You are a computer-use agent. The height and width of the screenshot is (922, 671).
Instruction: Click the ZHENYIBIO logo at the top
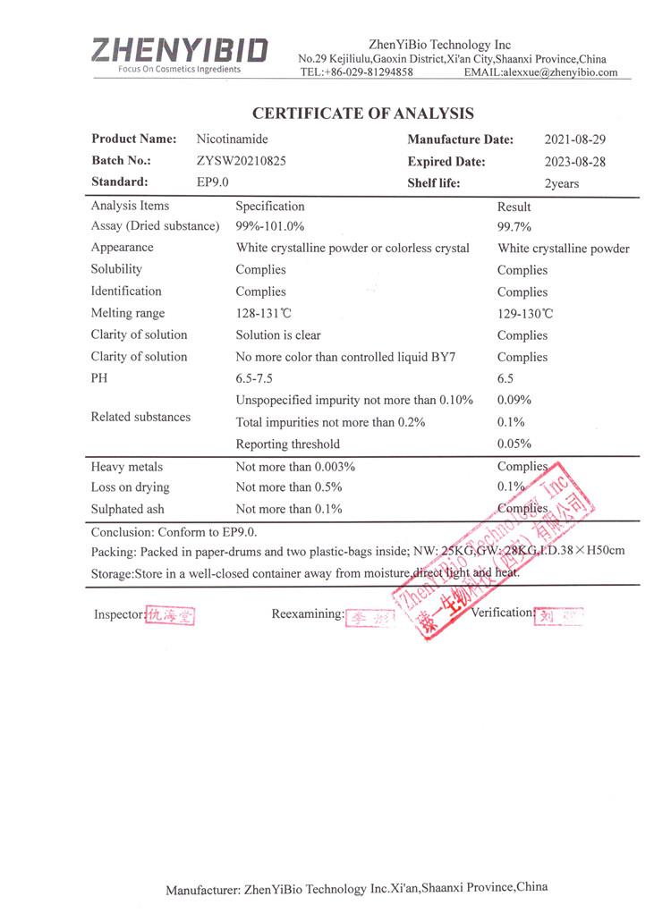179,50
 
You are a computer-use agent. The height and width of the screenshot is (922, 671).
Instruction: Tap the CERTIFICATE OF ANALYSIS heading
362,114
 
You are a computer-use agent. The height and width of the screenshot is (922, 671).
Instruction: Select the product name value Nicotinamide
232,140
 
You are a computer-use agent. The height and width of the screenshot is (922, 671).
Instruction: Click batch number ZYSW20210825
242,161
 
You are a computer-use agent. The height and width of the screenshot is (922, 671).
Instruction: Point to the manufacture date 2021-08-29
575,140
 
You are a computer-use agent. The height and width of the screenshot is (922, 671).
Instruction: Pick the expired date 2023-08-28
575,162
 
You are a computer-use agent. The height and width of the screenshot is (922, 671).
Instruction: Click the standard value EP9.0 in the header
213,182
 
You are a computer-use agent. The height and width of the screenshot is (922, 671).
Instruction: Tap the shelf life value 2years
562,183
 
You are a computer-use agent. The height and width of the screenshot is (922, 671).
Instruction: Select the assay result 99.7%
514,227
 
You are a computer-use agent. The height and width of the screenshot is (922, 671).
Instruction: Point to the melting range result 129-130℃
525,314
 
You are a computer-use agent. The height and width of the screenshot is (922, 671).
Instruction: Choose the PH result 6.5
506,378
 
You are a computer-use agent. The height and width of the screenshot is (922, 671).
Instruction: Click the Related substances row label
140,417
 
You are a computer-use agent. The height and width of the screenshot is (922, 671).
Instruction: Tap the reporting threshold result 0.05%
514,444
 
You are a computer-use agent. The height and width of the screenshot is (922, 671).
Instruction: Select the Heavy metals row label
127,467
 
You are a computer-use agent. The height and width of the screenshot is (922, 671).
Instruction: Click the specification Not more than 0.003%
295,467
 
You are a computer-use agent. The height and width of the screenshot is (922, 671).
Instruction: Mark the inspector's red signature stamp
170,615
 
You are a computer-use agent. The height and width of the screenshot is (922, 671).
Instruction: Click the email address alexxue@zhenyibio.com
559,72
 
